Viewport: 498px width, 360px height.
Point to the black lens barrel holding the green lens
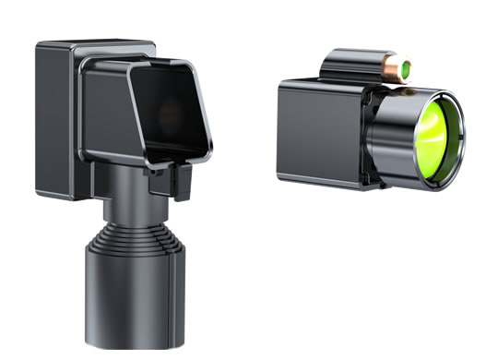tap(392, 134)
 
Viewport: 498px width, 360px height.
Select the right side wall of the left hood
tap(201, 111)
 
